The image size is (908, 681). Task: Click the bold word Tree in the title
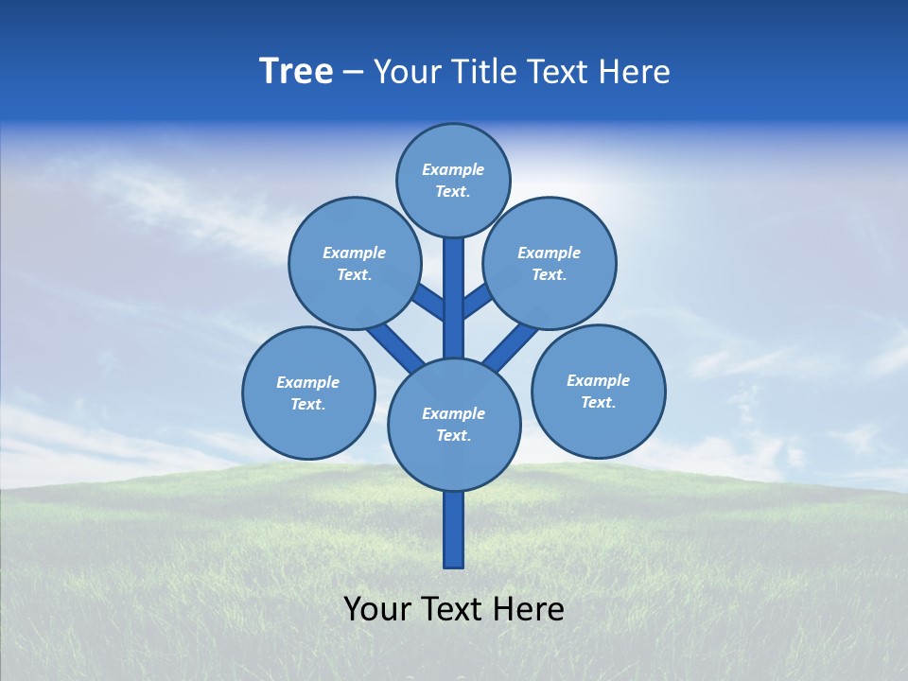[x=296, y=71]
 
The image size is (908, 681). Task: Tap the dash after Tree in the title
[x=354, y=73]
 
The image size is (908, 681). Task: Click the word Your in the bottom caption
[x=377, y=609]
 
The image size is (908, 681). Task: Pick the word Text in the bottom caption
[x=454, y=609]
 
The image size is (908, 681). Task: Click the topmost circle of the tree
[x=453, y=180]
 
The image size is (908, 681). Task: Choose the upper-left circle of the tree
[x=355, y=263]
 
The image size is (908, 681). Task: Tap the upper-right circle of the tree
[x=550, y=263]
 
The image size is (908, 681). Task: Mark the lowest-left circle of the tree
[x=308, y=393]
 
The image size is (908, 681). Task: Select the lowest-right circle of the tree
[x=598, y=391]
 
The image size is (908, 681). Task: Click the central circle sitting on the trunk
[x=454, y=425]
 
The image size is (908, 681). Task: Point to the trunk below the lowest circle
[x=454, y=530]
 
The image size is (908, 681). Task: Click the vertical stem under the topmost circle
[x=454, y=298]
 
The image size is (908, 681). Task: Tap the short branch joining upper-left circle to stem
[x=428, y=301]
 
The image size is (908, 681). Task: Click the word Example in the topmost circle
[x=453, y=169]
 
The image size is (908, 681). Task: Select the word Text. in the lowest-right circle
[x=598, y=402]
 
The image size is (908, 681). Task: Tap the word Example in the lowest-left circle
[x=307, y=382]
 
